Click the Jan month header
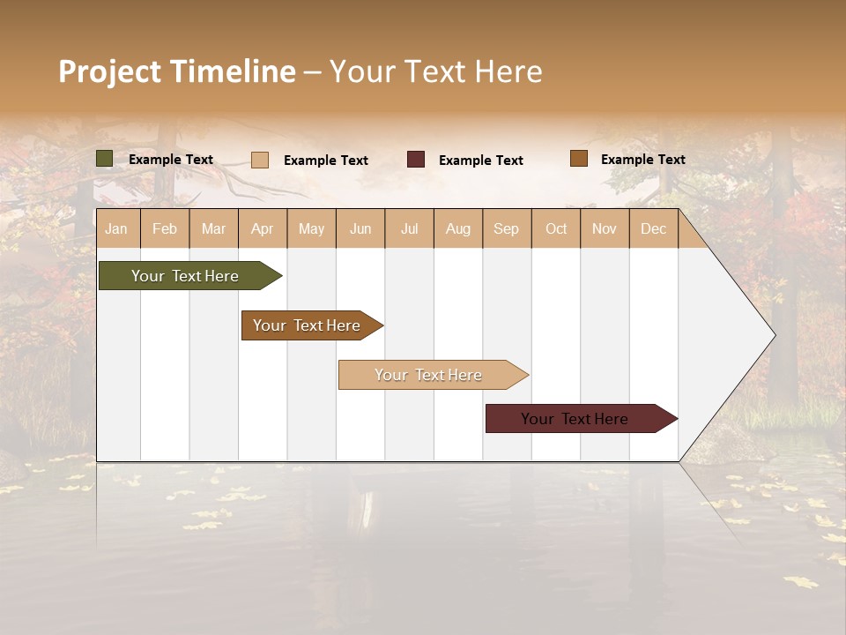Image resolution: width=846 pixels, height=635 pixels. point(116,229)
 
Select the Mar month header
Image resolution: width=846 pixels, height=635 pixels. point(213,229)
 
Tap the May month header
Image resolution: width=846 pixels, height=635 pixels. point(311,229)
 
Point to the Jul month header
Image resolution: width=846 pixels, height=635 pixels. point(409,229)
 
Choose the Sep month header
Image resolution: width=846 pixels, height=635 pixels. point(506,229)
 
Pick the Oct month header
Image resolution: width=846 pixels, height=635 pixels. point(556,229)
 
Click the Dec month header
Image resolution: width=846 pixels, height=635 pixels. point(653,229)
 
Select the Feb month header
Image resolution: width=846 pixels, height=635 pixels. point(165,229)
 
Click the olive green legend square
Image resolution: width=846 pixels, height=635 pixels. point(104,159)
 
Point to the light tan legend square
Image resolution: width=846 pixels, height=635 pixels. point(260,160)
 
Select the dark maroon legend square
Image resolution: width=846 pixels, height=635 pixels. point(416,159)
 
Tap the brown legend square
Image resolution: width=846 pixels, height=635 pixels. point(578,159)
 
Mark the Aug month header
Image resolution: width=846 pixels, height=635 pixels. point(457,229)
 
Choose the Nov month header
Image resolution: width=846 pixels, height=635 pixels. point(605,229)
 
